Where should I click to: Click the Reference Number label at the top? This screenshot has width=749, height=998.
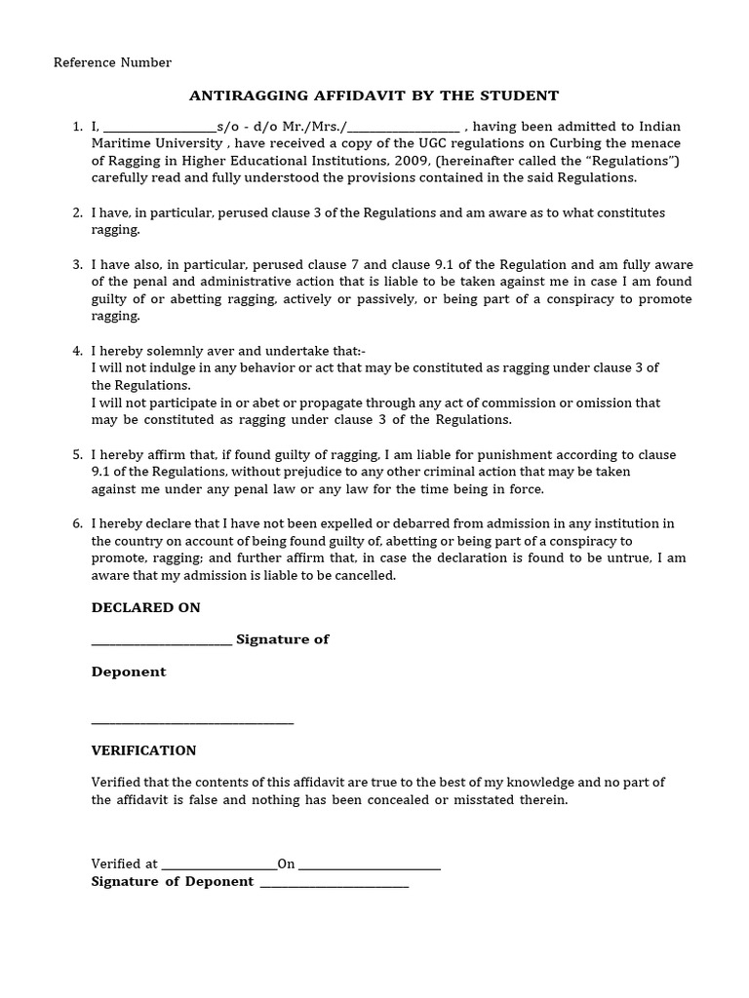(112, 62)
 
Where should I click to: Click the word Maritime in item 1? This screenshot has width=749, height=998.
(122, 144)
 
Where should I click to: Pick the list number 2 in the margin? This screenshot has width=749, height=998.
(77, 212)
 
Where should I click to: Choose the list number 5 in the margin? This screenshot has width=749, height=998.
(77, 455)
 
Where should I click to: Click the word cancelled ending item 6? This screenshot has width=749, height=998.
(363, 575)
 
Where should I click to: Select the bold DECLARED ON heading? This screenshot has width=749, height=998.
(145, 607)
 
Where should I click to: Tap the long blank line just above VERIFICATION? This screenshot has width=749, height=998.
(192, 722)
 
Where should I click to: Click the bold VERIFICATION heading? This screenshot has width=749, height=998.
(143, 750)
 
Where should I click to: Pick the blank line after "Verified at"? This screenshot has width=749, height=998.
(218, 865)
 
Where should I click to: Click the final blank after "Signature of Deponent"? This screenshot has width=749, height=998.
(334, 883)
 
